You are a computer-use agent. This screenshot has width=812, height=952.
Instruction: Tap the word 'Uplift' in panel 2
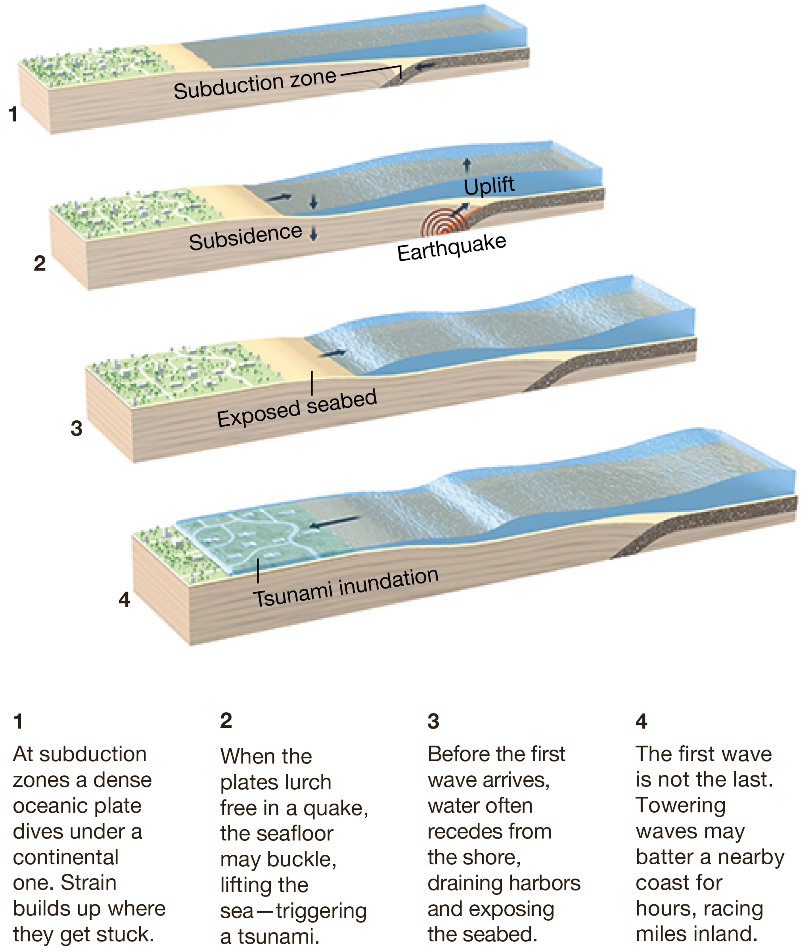coord(489,186)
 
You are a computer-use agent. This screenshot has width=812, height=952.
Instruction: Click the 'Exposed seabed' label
coord(297,408)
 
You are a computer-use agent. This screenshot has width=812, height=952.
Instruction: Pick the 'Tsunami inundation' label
coord(346,588)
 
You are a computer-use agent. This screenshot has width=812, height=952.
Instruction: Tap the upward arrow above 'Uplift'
coord(467,165)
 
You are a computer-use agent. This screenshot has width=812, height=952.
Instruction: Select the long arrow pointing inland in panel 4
coord(334,522)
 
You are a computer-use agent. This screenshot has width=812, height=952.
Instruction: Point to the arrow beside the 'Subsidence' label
coord(314,234)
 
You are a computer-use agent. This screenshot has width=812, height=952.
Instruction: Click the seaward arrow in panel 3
coord(334,353)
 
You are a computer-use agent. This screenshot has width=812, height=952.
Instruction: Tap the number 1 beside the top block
coord(13,114)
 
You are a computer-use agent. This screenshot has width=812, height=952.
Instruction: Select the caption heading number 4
coord(641,722)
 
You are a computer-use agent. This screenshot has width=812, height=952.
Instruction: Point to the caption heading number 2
coord(226,721)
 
